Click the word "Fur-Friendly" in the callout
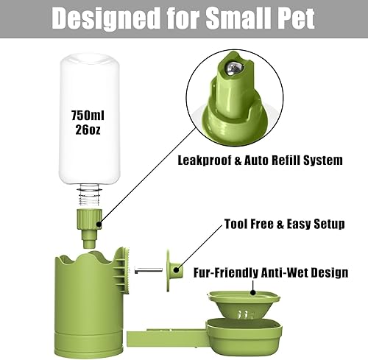[x=224, y=272]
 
